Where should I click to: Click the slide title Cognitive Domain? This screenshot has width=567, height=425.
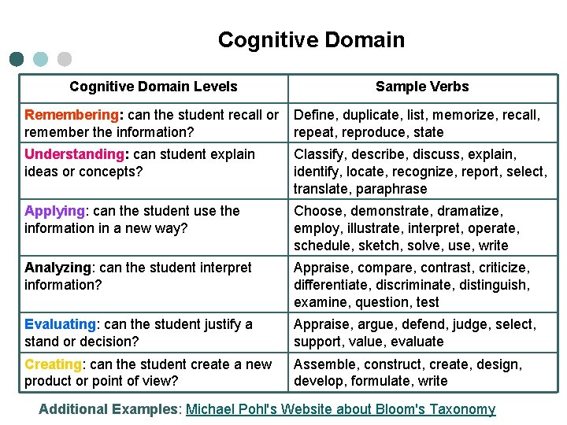311,40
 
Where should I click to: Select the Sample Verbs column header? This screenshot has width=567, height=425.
422,87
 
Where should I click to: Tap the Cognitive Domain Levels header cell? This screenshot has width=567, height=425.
153,87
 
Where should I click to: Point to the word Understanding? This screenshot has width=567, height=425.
75,154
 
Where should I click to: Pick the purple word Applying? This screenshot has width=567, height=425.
54,211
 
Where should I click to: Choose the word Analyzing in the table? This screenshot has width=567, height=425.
59,268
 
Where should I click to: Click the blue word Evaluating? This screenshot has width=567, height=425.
60,324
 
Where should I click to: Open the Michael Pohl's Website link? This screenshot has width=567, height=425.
340,409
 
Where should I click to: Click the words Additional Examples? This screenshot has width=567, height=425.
109,409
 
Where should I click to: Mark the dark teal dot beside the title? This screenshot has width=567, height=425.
17,59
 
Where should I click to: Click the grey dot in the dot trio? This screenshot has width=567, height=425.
65,59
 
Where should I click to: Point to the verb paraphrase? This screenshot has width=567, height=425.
391,189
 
